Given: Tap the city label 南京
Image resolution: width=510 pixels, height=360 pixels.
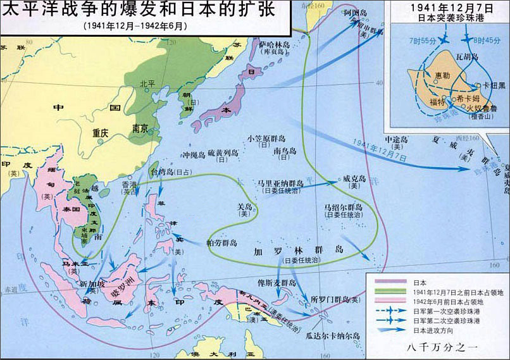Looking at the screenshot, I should tap(140, 128).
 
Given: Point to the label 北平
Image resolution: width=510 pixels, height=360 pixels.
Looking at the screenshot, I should tap(147, 83).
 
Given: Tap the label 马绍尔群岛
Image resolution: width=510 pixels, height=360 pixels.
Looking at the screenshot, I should tap(343, 207).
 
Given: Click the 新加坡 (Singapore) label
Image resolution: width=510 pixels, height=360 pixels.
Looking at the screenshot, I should tap(93, 284).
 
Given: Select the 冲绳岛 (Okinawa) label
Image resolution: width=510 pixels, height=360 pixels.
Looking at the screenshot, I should tap(194, 154).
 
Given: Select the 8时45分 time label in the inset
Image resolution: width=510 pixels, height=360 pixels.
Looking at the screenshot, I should tap(485, 40).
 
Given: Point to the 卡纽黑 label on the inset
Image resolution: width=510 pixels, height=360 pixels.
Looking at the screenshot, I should tap(494, 85).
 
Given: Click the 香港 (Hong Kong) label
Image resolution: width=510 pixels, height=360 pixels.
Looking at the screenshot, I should tap(129, 183).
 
